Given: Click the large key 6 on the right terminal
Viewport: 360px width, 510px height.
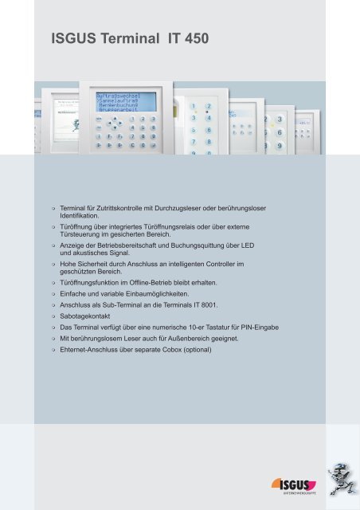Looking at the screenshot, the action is [x=279, y=132].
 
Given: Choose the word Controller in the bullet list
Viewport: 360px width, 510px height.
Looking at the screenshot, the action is [x=225, y=264].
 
